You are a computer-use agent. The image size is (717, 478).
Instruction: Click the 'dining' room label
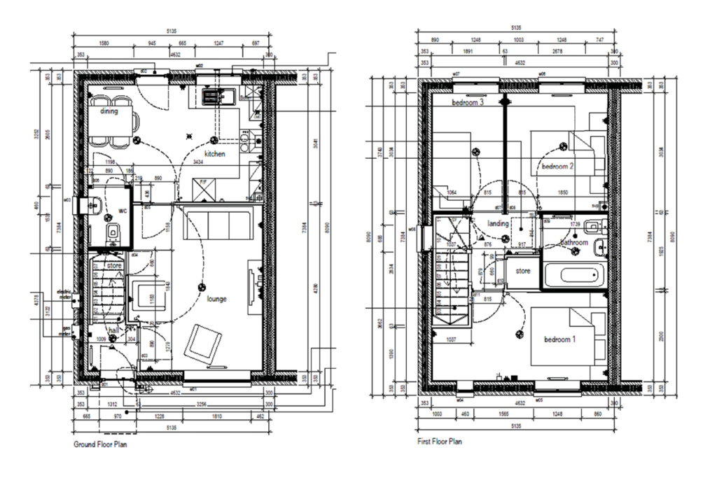(109, 111)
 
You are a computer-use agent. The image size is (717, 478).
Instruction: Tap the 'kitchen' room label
(214, 153)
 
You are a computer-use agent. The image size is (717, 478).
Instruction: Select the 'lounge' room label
(218, 299)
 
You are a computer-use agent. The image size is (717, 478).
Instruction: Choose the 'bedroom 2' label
(557, 166)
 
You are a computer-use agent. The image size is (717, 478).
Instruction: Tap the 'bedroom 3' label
(468, 102)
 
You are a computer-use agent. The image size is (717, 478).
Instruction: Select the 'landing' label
(498, 223)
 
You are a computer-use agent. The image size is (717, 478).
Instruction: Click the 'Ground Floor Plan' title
(100, 444)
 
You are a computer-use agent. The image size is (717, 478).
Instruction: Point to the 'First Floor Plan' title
(440, 442)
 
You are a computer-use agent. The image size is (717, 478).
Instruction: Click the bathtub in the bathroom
(573, 276)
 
